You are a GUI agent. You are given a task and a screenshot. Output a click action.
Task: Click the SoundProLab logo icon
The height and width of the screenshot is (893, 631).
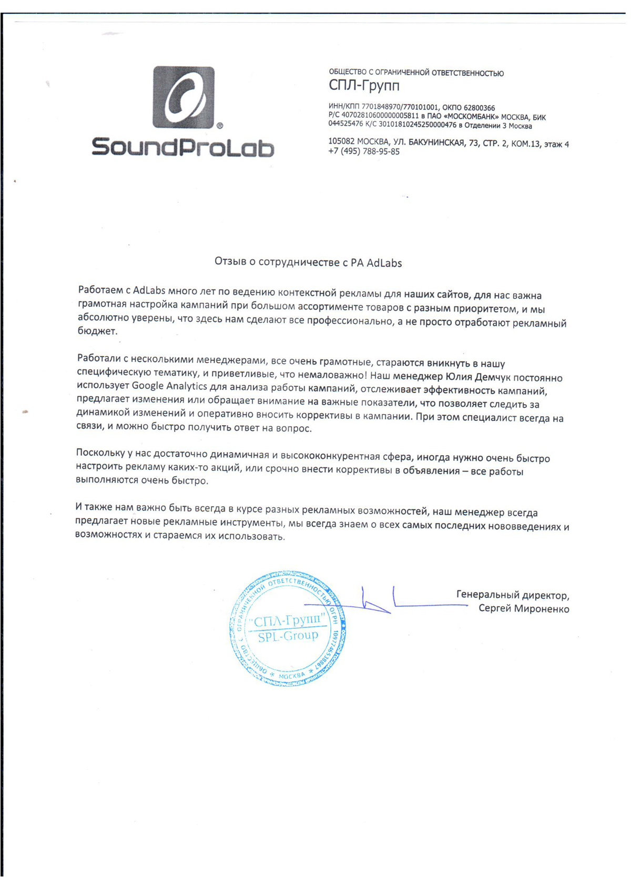pyautogui.click(x=184, y=97)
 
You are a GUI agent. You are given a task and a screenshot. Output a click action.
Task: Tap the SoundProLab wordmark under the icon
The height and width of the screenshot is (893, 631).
pyautogui.click(x=183, y=147)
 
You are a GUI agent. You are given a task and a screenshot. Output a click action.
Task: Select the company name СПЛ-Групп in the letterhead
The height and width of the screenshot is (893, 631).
pyautogui.click(x=364, y=85)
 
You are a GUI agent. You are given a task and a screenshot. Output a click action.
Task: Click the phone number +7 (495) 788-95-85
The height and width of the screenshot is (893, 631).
pyautogui.click(x=363, y=152)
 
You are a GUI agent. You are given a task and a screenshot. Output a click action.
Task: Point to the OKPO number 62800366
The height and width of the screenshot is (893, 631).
pyautogui.click(x=479, y=108)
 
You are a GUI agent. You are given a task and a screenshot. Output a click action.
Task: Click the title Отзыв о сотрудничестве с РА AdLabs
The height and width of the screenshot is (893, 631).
pyautogui.click(x=308, y=263)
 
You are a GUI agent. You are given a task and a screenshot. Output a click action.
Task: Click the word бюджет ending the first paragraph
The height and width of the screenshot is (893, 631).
pyautogui.click(x=97, y=332)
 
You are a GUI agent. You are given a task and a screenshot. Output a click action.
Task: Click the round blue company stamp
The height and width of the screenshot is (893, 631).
pyautogui.click(x=288, y=629)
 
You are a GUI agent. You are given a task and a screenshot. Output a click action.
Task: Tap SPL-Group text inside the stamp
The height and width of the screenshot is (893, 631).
pyautogui.click(x=288, y=636)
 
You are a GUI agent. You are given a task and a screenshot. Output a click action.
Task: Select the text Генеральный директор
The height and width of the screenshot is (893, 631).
pyautogui.click(x=512, y=595)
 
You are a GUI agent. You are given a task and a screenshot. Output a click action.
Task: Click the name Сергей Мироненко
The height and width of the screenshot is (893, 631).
pyautogui.click(x=523, y=609)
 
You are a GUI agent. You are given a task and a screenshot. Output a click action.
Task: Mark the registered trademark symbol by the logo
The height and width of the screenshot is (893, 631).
pyautogui.click(x=219, y=126)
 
